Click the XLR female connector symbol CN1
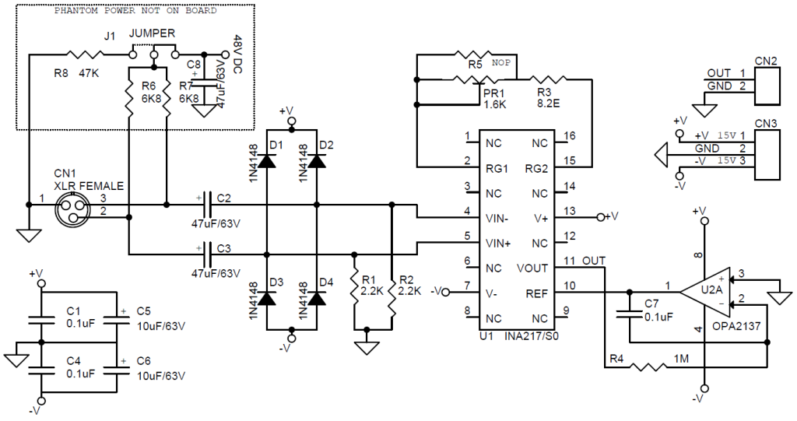pos(70,210)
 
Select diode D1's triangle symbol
pos(266,160)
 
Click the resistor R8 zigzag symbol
pos(85,54)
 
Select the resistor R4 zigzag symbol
pos(648,366)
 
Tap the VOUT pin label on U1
pos(532,268)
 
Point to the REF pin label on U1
pos(537,293)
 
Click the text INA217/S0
pos(532,336)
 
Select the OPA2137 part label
pos(736,326)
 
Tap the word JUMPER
pos(152,33)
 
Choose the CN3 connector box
pos(767,155)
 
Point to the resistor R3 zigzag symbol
pos(548,79)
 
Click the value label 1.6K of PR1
pos(494,105)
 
